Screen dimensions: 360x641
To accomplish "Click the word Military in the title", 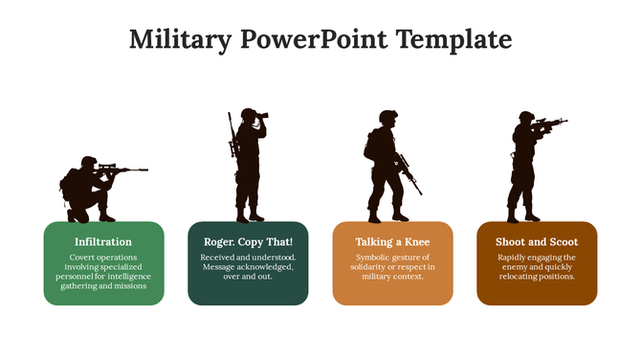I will [180, 40].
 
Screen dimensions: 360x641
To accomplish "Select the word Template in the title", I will [451, 40].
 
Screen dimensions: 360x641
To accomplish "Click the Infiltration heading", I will [103, 242].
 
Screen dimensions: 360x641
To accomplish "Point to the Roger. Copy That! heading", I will [248, 242].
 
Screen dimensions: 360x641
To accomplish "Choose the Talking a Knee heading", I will [392, 242].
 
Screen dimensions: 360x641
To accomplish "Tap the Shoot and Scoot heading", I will [537, 242].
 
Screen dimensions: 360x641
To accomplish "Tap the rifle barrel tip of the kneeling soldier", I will [145, 170].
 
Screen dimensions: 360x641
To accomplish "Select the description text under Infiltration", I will [103, 272].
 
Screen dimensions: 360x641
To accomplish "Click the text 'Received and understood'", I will [248, 258].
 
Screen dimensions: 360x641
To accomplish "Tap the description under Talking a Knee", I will [392, 267].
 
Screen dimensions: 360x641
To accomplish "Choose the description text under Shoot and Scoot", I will [537, 267].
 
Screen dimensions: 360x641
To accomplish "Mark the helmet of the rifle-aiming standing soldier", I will [526, 117].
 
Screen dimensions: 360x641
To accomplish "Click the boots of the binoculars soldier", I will [250, 215].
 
